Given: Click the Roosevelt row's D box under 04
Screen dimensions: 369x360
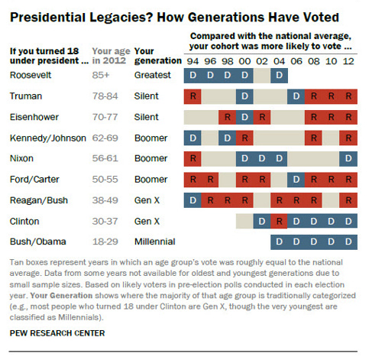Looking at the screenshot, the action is point(279,76).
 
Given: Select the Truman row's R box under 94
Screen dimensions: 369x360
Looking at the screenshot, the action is point(193,96).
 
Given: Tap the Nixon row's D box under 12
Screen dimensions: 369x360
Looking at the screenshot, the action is point(348,159).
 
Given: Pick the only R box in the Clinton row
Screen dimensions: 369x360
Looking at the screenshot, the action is point(279,221).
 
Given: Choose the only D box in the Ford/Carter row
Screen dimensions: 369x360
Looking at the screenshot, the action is point(296,180).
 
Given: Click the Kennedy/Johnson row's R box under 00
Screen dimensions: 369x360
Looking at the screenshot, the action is point(244,138).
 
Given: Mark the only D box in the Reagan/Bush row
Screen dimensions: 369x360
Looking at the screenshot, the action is point(193,200).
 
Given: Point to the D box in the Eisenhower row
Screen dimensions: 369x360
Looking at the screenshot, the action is point(244,117).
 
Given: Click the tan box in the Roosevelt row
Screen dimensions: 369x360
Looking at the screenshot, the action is point(262,76).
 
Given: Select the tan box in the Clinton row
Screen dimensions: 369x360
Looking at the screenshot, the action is point(244,221).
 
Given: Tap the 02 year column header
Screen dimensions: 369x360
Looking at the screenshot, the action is point(262,61).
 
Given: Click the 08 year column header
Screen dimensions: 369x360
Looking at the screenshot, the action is point(314,61).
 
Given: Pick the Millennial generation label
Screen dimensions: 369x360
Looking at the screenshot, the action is point(155,242).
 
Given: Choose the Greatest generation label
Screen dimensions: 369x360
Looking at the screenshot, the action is point(153,75).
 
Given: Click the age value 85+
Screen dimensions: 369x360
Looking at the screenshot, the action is point(101,75).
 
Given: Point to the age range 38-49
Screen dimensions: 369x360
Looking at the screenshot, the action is point(105,200).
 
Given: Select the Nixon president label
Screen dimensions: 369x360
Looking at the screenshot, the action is point(21,158).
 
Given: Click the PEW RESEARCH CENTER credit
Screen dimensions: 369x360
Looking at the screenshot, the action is point(57,333).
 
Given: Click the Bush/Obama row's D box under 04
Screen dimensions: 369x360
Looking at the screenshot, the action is point(279,242).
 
